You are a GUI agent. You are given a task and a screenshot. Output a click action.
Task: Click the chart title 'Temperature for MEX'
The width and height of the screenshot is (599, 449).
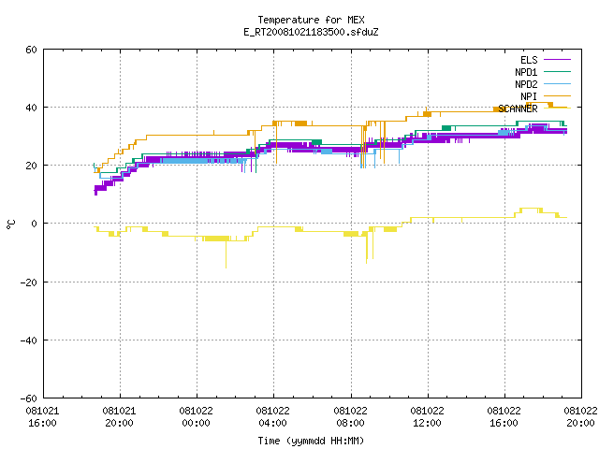(311, 20)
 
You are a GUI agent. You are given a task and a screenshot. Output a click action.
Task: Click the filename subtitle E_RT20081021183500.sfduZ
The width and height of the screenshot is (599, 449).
(311, 32)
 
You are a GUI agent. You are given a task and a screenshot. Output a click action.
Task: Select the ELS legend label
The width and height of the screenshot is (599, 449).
(529, 60)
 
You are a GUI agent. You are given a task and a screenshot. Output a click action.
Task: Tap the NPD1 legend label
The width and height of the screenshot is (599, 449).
(526, 72)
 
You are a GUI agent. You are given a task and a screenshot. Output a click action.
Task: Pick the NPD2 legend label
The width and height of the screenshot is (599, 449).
(526, 84)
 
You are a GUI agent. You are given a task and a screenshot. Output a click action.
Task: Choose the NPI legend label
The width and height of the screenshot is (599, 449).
(529, 96)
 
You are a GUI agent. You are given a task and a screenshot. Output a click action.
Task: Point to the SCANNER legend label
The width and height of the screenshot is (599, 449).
(518, 109)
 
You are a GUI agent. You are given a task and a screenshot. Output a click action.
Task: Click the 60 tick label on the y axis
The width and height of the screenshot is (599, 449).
(31, 50)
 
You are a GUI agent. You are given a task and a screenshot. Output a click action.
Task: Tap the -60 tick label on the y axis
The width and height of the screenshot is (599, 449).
(29, 398)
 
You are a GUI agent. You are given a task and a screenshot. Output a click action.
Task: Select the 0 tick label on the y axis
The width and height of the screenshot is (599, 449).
(35, 224)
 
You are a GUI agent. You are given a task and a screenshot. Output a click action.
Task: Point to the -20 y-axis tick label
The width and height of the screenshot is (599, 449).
(29, 282)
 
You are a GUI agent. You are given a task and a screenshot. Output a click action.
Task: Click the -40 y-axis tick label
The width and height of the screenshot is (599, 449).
(29, 340)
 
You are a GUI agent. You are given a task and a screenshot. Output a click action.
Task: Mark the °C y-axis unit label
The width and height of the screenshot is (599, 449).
(10, 224)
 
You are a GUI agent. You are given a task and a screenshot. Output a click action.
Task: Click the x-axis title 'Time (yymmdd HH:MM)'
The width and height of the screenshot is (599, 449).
(311, 441)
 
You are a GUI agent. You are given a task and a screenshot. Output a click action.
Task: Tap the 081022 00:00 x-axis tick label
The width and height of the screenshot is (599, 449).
(197, 417)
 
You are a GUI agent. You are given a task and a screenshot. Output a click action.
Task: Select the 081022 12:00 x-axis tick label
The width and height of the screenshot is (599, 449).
(427, 417)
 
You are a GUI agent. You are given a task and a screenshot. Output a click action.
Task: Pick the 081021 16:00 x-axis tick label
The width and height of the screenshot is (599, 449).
(42, 417)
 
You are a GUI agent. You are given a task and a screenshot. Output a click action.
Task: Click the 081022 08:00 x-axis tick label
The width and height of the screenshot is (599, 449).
(350, 417)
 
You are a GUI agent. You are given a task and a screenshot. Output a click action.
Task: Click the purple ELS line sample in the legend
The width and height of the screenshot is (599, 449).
(557, 60)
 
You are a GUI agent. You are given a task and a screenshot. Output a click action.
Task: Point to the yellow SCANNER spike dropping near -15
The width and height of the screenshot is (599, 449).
(226, 254)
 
